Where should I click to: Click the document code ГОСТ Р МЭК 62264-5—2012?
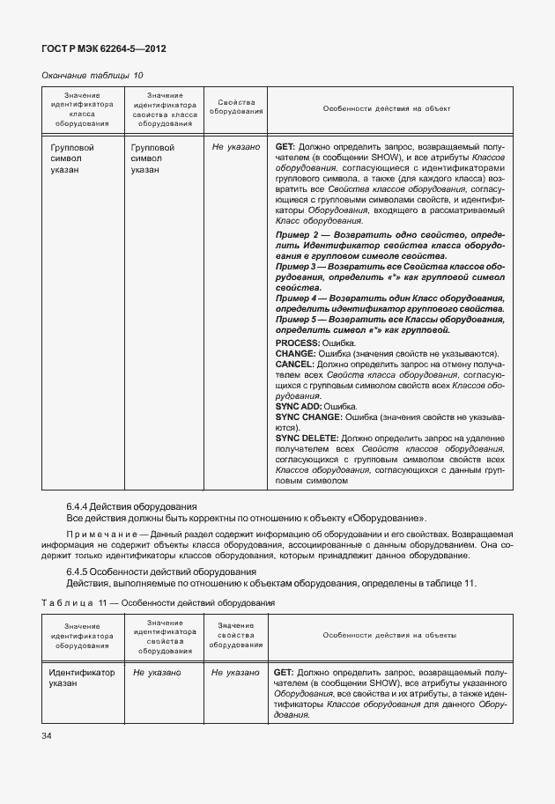103,48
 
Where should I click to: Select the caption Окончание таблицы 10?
92,76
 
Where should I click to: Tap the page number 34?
47,735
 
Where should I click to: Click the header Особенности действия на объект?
387,109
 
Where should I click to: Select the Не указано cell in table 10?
235,147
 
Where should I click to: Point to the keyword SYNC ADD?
299,407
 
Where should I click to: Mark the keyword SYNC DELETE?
306,438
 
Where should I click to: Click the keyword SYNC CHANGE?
307,417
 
